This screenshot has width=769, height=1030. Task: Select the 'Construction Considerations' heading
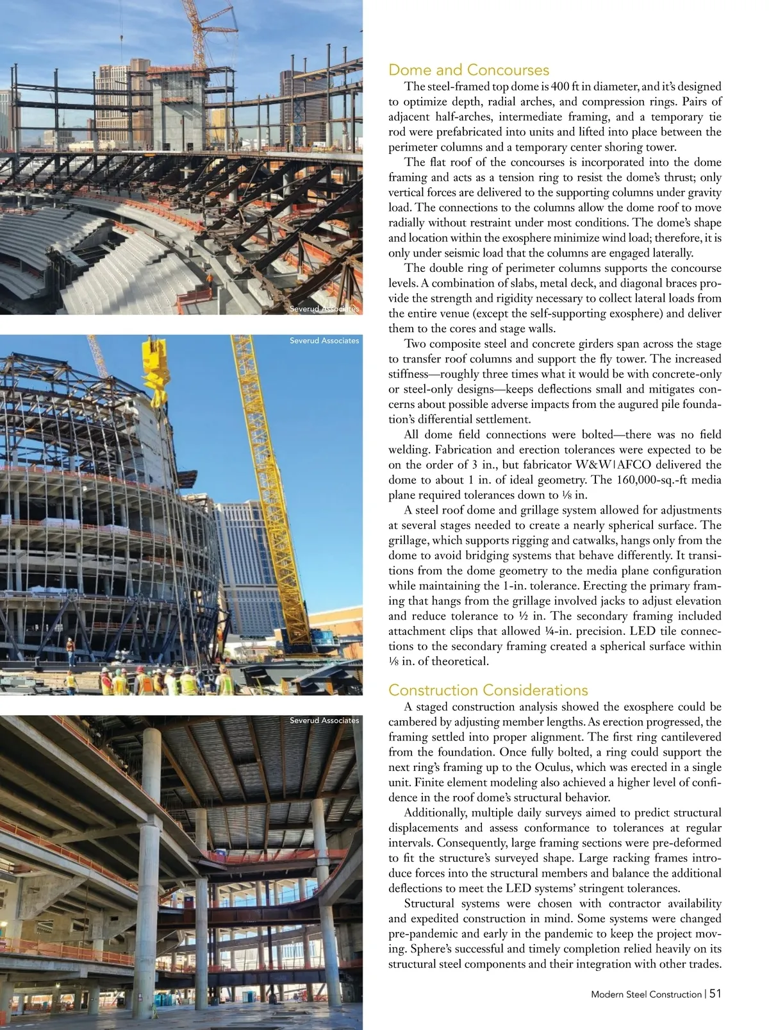[488, 690]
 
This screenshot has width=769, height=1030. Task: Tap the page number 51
[715, 993]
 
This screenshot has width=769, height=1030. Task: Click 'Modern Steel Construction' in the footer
[646, 994]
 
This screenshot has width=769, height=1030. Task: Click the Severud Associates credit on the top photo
[324, 308]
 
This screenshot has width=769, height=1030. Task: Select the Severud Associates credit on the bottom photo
[324, 721]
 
